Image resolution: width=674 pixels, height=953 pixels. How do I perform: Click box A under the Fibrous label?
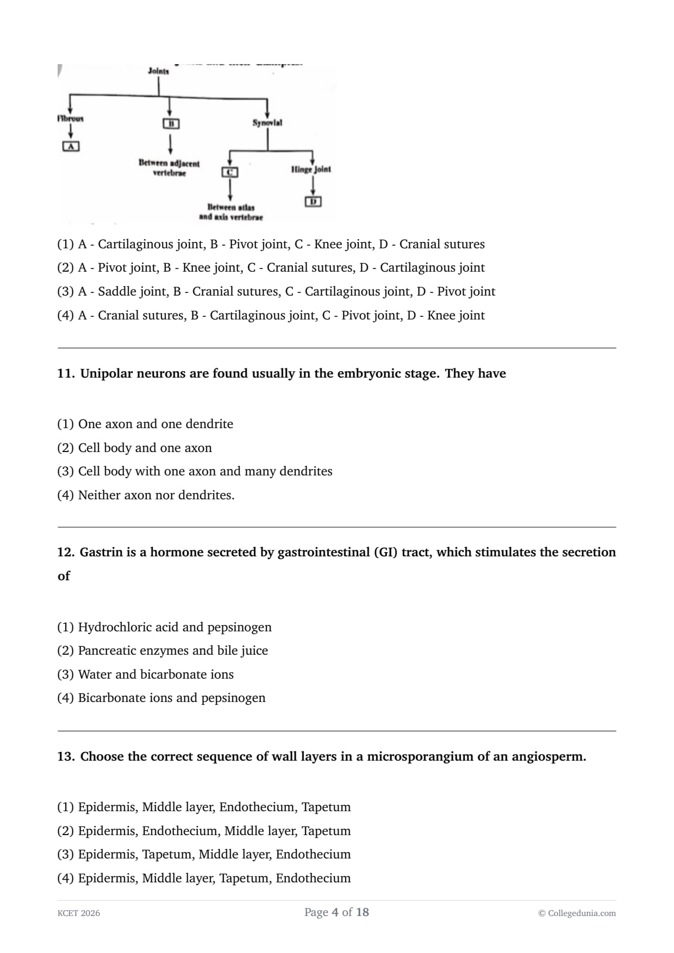[71, 146]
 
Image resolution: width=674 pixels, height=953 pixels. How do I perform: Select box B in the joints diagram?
[171, 123]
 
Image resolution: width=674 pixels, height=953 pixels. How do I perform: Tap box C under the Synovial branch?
[230, 172]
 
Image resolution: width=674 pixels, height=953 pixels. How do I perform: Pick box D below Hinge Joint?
[313, 202]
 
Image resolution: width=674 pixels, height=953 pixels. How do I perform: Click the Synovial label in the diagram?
[267, 123]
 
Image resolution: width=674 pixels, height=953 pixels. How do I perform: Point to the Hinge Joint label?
[311, 169]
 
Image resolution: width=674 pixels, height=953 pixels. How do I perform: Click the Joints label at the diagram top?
[158, 71]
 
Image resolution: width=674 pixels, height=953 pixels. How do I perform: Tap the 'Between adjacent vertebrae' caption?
[169, 168]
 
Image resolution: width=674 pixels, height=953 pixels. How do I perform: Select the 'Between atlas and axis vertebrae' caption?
[230, 212]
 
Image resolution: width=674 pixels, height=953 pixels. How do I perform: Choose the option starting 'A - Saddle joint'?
[276, 291]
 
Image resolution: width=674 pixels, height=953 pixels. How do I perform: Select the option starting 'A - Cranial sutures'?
[271, 315]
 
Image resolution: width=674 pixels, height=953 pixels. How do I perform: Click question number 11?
[66, 373]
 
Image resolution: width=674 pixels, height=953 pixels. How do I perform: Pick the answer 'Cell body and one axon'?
[145, 448]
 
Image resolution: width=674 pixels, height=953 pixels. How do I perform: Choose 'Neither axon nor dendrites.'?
[156, 495]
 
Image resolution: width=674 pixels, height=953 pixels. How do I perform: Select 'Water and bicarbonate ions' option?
[155, 674]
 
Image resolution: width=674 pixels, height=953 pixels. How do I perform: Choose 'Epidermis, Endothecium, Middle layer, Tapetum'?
[214, 831]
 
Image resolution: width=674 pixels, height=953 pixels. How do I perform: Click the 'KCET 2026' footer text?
[79, 913]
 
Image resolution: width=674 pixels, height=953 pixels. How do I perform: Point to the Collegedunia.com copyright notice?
[577, 913]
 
